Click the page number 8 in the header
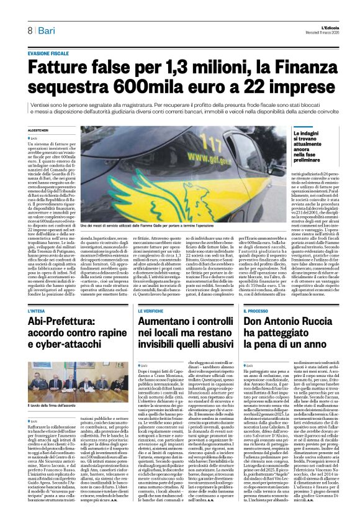tap(29, 30)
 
